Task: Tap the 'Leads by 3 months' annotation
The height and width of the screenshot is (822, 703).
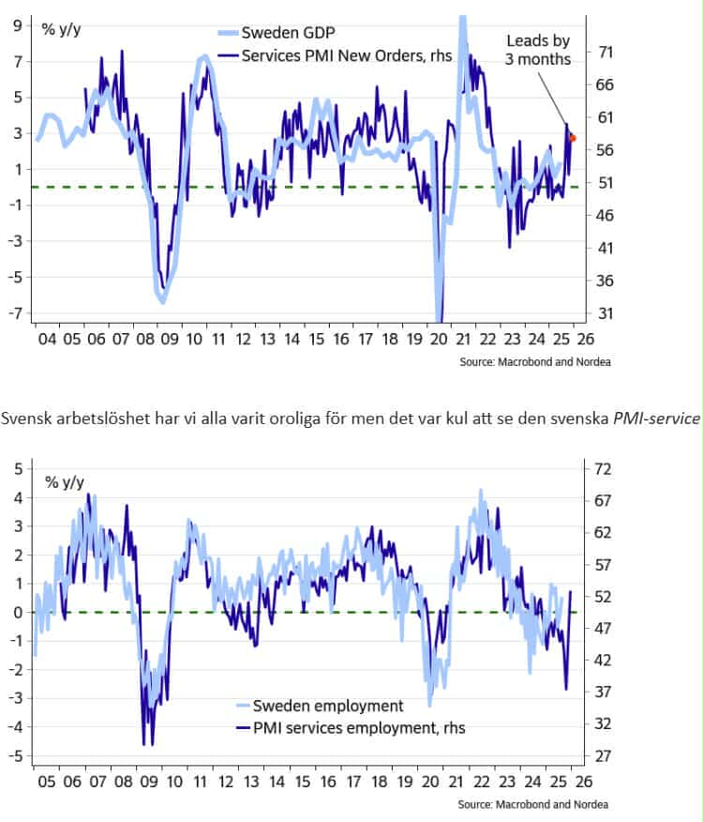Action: pyautogui.click(x=538, y=51)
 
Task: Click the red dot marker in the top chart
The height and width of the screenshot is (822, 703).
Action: pyautogui.click(x=573, y=138)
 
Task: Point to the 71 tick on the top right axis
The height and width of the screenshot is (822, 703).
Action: pyautogui.click(x=605, y=53)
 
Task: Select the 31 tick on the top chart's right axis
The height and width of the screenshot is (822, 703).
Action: pyautogui.click(x=605, y=313)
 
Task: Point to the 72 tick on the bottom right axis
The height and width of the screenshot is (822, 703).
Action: pyautogui.click(x=604, y=467)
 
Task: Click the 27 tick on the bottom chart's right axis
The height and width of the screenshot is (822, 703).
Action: pyautogui.click(x=604, y=755)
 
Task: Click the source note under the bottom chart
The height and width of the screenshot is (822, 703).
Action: pyautogui.click(x=532, y=804)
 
